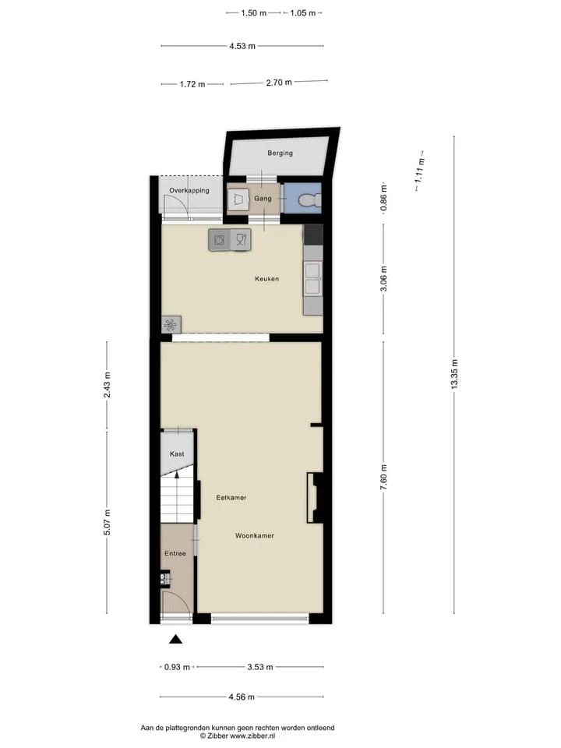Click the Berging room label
pyautogui.click(x=280, y=153)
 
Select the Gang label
pyautogui.click(x=263, y=199)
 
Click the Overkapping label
pyautogui.click(x=189, y=190)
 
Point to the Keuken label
pyautogui.click(x=266, y=279)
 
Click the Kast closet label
pyautogui.click(x=177, y=453)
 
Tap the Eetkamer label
pyautogui.click(x=231, y=498)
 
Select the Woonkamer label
pyautogui.click(x=255, y=536)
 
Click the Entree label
pyautogui.click(x=175, y=553)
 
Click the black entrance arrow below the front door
pyautogui.click(x=175, y=639)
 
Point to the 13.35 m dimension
pyautogui.click(x=454, y=374)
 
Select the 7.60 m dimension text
pyautogui.click(x=384, y=477)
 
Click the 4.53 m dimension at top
pyautogui.click(x=242, y=46)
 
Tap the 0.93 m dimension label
pyautogui.click(x=177, y=667)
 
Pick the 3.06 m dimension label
pyautogui.click(x=384, y=279)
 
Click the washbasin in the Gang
pyautogui.click(x=238, y=199)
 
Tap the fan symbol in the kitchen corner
pyautogui.click(x=171, y=326)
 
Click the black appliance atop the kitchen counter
pyautogui.click(x=313, y=235)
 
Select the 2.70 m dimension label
pyautogui.click(x=279, y=83)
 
